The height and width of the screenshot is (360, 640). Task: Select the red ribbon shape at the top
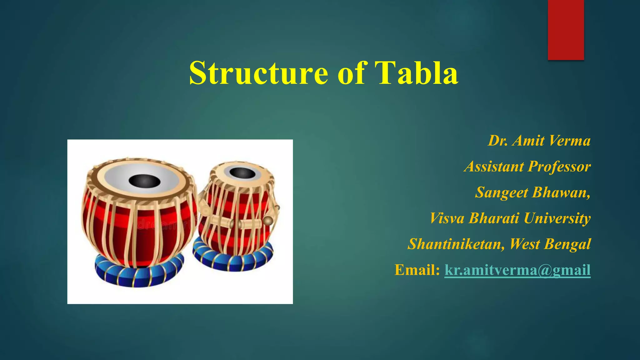point(566,30)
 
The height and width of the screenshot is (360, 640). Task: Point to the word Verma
point(569,141)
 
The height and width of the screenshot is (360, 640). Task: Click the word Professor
point(559,167)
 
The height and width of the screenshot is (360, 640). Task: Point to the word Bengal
point(567,244)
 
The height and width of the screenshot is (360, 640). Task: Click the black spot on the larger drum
point(144,181)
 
